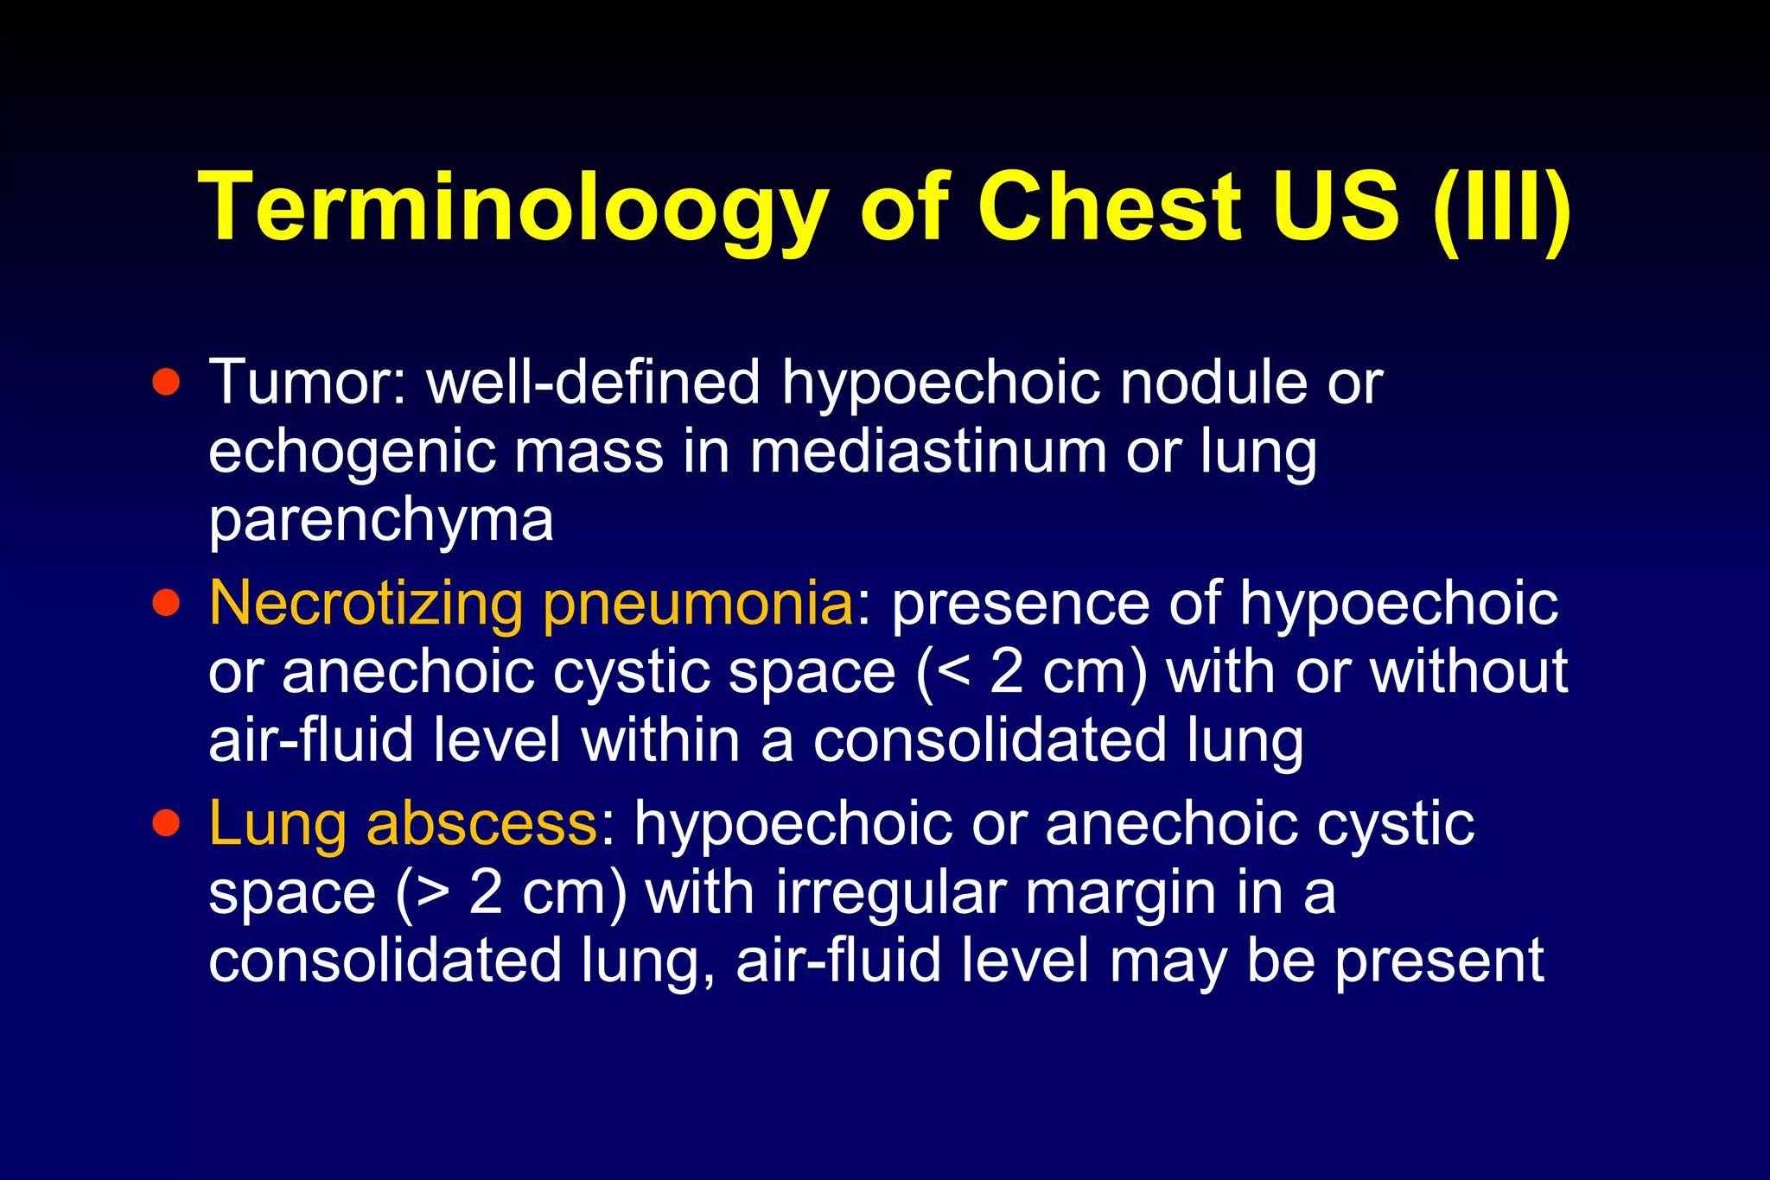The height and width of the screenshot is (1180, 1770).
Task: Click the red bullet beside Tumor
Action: [166, 382]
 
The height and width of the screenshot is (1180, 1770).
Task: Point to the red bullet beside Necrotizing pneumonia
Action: [166, 602]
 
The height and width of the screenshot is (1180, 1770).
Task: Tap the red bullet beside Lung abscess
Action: [166, 822]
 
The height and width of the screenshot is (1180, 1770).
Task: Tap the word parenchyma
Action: [380, 522]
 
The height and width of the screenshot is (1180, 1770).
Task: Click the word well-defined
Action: [594, 382]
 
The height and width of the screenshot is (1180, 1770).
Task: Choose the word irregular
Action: [889, 892]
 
